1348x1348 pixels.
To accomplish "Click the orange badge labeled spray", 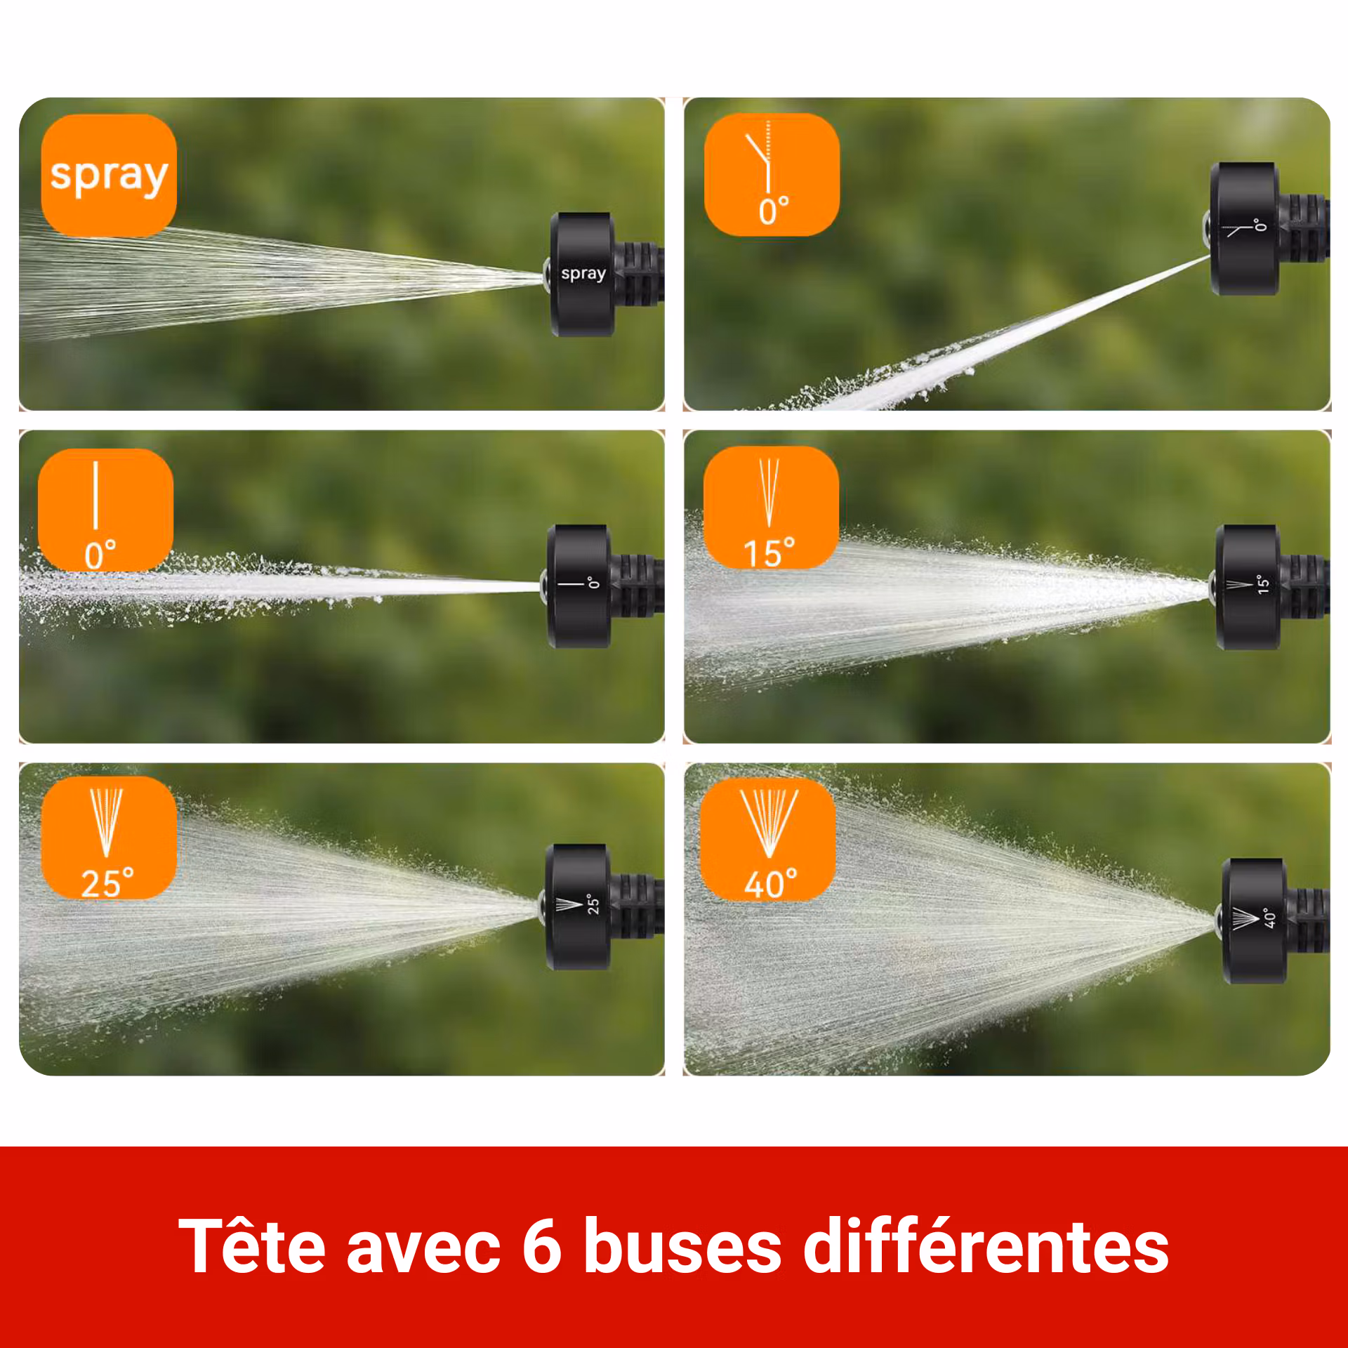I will coord(109,175).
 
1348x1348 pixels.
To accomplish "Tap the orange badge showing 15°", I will coord(771,507).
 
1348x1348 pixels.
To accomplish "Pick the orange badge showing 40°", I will coord(768,840).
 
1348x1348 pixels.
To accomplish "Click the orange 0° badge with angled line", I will coord(772,175).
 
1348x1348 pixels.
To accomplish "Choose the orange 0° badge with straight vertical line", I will coord(105,510).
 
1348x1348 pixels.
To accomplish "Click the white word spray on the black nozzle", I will coord(583,273).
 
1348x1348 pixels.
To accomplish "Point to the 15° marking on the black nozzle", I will coord(1263,584).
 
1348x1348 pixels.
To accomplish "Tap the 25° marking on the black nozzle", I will coord(593,904).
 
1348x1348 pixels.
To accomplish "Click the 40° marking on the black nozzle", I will coord(1269,918).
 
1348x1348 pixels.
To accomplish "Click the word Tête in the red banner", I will coord(251,1246).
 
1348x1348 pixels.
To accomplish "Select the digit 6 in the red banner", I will coord(542,1246).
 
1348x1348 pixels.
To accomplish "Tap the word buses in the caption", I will coord(682,1246).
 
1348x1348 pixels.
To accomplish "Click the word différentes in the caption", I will coord(986,1246).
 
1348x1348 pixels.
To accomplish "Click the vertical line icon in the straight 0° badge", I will coord(95,495).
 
